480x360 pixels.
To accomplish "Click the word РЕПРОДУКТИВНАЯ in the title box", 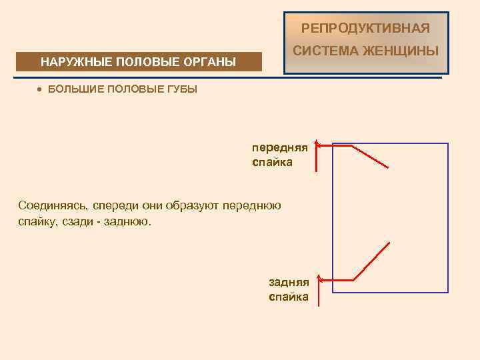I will [365, 28].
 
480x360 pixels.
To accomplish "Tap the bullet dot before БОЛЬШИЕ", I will [40, 89].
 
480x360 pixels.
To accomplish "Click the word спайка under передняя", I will [272, 162].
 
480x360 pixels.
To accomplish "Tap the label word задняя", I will [289, 283].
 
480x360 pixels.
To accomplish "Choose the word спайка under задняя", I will [289, 297].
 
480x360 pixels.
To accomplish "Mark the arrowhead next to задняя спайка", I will [319, 278].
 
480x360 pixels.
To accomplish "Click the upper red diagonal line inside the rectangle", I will [369, 157].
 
